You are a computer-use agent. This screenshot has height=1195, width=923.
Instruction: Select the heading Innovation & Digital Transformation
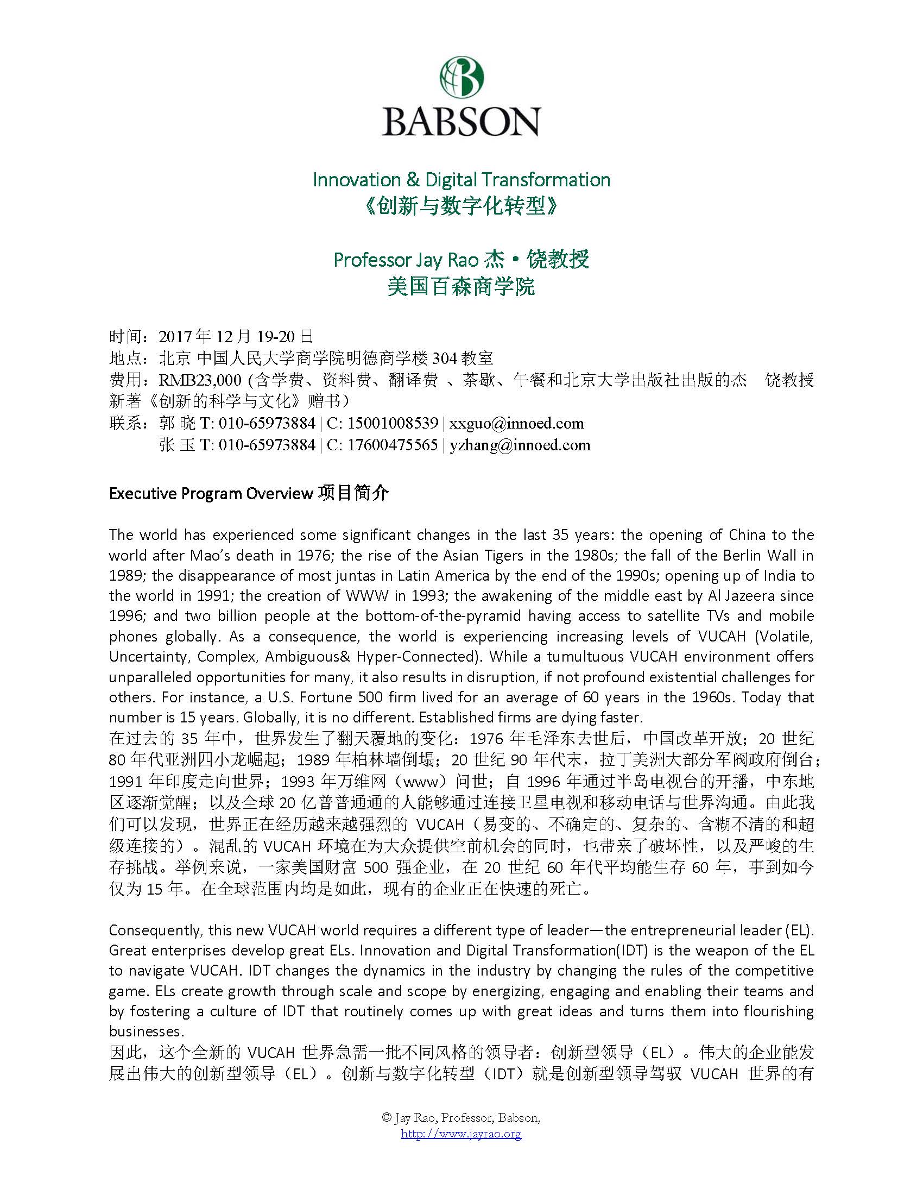pos(461,180)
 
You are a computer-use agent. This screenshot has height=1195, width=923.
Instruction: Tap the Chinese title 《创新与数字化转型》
pos(461,207)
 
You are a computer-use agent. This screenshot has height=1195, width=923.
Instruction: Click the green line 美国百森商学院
pos(461,286)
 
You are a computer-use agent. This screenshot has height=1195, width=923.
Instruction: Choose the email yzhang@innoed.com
pos(520,445)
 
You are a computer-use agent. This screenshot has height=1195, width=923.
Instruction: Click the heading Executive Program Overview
pos(211,494)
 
